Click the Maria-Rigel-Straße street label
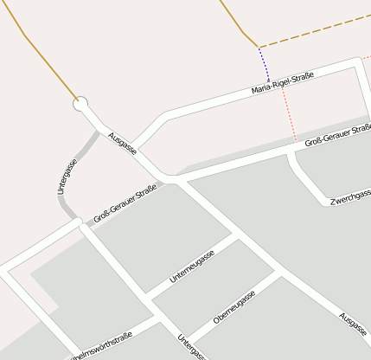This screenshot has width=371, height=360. click(x=282, y=83)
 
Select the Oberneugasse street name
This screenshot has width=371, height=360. click(x=234, y=307)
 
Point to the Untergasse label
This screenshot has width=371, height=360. click(x=67, y=177)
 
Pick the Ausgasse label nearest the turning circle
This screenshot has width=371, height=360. click(x=123, y=144)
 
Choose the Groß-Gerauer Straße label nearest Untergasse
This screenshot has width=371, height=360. click(x=125, y=202)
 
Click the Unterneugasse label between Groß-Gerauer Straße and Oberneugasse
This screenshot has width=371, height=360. click(x=192, y=267)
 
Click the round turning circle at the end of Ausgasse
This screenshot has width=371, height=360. click(x=81, y=106)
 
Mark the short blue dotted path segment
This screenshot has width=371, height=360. click(x=264, y=63)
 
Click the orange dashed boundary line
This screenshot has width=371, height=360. click(x=311, y=33)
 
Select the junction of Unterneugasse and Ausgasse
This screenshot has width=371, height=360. click(x=237, y=235)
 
